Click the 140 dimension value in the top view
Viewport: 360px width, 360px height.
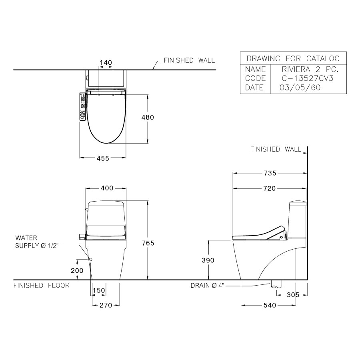[106, 62]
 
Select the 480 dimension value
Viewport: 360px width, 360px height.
[148, 118]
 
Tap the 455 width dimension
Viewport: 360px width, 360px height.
[102, 158]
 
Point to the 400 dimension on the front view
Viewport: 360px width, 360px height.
[106, 188]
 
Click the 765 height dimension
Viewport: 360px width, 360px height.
[148, 243]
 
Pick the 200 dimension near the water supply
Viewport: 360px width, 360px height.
[77, 271]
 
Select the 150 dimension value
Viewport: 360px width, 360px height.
[99, 290]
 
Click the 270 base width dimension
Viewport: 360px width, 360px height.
[106, 305]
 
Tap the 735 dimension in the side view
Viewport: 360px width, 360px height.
[270, 173]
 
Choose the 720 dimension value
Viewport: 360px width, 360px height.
[270, 188]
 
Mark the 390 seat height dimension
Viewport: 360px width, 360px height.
[208, 260]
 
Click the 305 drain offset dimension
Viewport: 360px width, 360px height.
[293, 295]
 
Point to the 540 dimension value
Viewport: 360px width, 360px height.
[269, 305]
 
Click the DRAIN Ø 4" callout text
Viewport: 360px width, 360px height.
[207, 286]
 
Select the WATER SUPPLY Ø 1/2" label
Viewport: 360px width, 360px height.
[37, 242]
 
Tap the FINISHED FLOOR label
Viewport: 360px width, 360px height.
[42, 286]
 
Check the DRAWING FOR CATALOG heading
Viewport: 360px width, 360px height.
[293, 58]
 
